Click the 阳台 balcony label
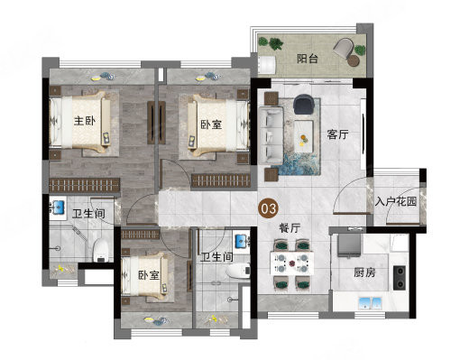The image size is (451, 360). tap(308, 59)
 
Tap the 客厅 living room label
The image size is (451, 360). tap(337, 134)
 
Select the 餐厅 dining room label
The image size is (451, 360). tap(290, 228)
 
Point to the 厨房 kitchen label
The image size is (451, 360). tap(364, 272)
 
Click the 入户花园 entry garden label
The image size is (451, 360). tap(395, 201)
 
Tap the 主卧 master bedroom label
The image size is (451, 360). tap(85, 121)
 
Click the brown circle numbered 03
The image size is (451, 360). tap(269, 208)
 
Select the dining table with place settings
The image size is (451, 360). tap(292, 263)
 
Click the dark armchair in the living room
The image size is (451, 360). tap(304, 104)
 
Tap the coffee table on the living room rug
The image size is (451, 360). tap(304, 136)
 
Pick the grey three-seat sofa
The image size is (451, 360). tap(271, 135)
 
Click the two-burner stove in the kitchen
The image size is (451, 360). tap(400, 277)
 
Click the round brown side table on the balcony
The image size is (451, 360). tap(354, 60)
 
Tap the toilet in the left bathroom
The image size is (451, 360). tap(100, 250)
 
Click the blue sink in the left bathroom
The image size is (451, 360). tap(59, 208)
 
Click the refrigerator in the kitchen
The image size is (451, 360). tap(349, 245)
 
